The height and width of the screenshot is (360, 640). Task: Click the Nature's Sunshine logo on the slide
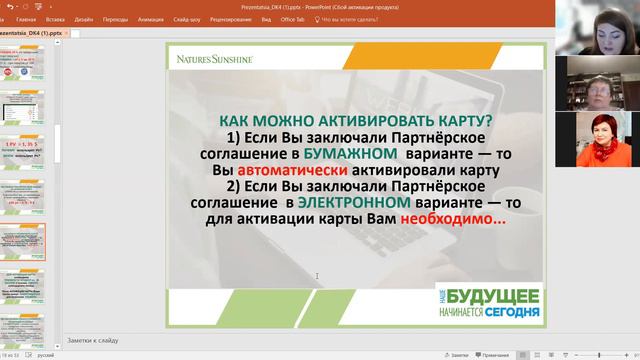pos(214,59)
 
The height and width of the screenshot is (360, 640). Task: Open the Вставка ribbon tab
pos(55,19)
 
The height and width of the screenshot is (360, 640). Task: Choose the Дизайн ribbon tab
pos(83,19)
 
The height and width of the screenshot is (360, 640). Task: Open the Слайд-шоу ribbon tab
pos(187,19)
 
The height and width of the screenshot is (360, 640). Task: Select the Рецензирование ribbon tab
pos(231,19)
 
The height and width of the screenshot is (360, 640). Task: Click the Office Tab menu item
pos(293,19)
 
